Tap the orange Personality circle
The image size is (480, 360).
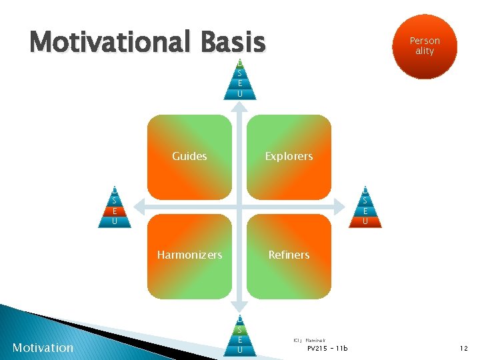pos(425,46)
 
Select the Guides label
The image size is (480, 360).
pos(189,157)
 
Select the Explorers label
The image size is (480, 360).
pos(289,157)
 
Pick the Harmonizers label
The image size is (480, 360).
pos(189,255)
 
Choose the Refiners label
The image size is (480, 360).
pos(289,255)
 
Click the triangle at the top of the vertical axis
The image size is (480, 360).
pos(239,79)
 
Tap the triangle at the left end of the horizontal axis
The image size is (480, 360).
pos(115,207)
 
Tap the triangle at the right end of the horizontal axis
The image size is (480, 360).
pos(365,207)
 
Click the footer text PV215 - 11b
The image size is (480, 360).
pos(327,348)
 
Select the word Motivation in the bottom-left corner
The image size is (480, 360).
pos(43,347)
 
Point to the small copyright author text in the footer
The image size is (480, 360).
pos(309,340)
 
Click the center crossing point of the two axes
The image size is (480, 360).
pos(239,206)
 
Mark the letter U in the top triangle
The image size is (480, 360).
pos(239,94)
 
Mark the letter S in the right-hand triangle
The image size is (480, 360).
pos(365,200)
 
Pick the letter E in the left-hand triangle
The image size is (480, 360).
pos(115,211)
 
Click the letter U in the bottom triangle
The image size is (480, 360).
pos(239,349)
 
